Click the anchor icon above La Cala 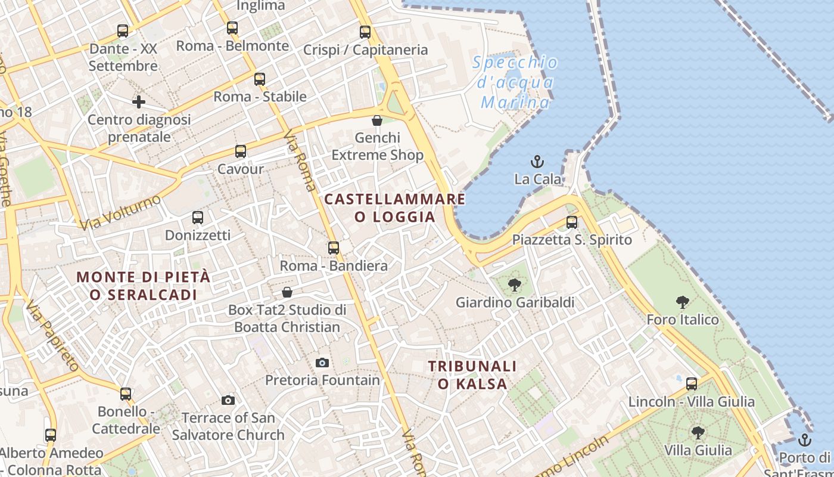pos(537,162)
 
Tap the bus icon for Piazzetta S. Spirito pos(572,222)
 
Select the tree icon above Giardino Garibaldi pos(515,285)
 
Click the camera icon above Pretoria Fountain pos(322,363)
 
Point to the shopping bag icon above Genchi pos(377,120)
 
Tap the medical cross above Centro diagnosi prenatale pos(139,102)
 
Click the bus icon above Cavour pos(241,151)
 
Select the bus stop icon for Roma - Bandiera pos(334,247)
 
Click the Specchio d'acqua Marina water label pos(516,82)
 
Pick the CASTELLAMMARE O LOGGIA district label pos(395,207)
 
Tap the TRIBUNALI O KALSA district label pos(472,374)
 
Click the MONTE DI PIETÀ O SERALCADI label pos(144,286)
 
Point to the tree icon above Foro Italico pos(683,302)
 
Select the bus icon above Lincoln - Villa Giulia pos(692,383)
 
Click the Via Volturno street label pos(120,212)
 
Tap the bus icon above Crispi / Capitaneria pos(365,32)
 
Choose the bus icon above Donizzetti pos(198,218)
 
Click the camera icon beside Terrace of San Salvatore pos(228,400)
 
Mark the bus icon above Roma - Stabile pos(260,79)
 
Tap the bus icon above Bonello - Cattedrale pos(126,394)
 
